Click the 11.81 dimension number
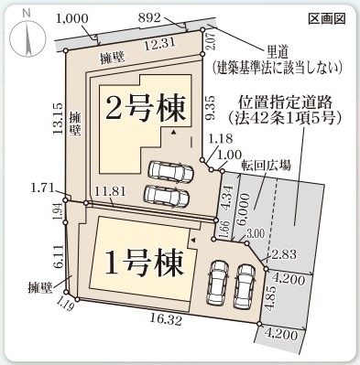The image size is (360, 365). point(111,192)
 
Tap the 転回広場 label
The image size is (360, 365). point(267,166)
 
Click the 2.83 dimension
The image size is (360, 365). point(280,252)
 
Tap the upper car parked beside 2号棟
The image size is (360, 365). point(169,171)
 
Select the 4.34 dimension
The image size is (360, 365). point(228,196)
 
